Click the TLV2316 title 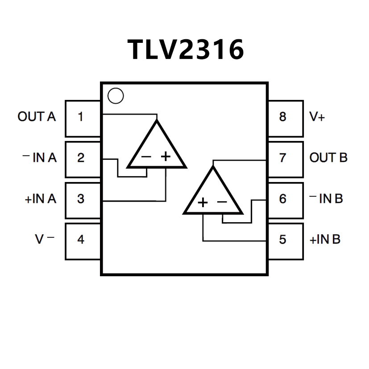[x=186, y=49]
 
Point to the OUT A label [x=37, y=117]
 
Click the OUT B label [x=328, y=158]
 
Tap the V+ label [x=317, y=117]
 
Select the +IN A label [x=41, y=199]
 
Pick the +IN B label [x=325, y=240]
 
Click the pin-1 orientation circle [x=116, y=96]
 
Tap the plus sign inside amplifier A [x=166, y=157]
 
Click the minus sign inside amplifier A [x=146, y=157]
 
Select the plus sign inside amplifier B [x=203, y=203]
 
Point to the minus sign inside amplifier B [x=222, y=203]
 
